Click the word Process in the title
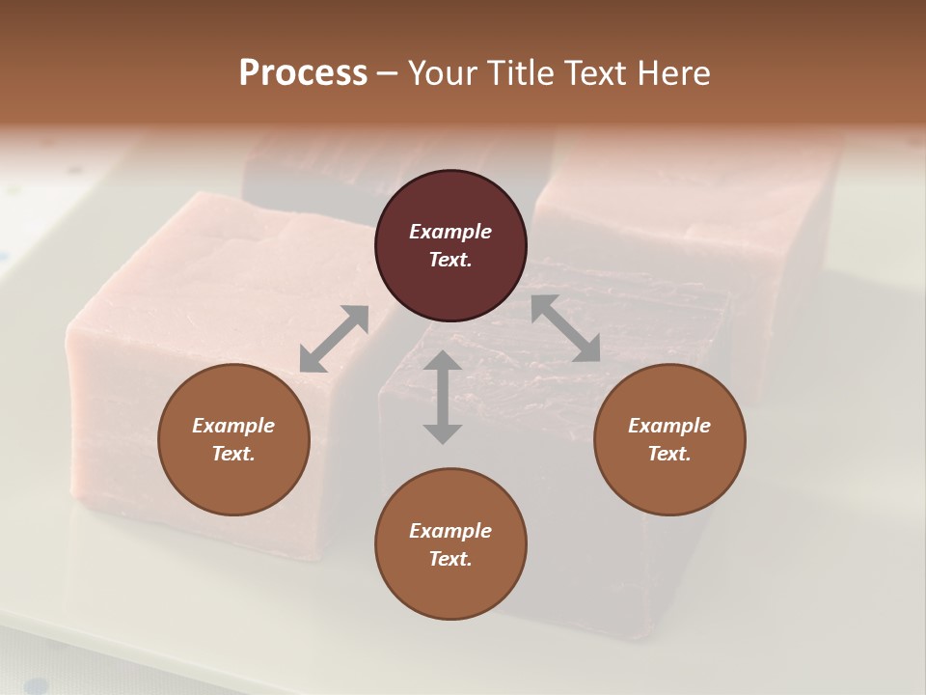(x=303, y=73)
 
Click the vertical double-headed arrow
(x=443, y=397)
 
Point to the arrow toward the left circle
(x=334, y=339)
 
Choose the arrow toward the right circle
(x=565, y=328)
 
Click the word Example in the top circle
(x=450, y=232)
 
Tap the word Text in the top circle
(x=450, y=260)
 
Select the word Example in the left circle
(x=233, y=426)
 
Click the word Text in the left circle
(x=233, y=454)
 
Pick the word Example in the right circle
(x=669, y=426)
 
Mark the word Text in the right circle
(x=669, y=454)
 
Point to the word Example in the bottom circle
(x=450, y=531)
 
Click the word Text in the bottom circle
(x=450, y=559)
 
